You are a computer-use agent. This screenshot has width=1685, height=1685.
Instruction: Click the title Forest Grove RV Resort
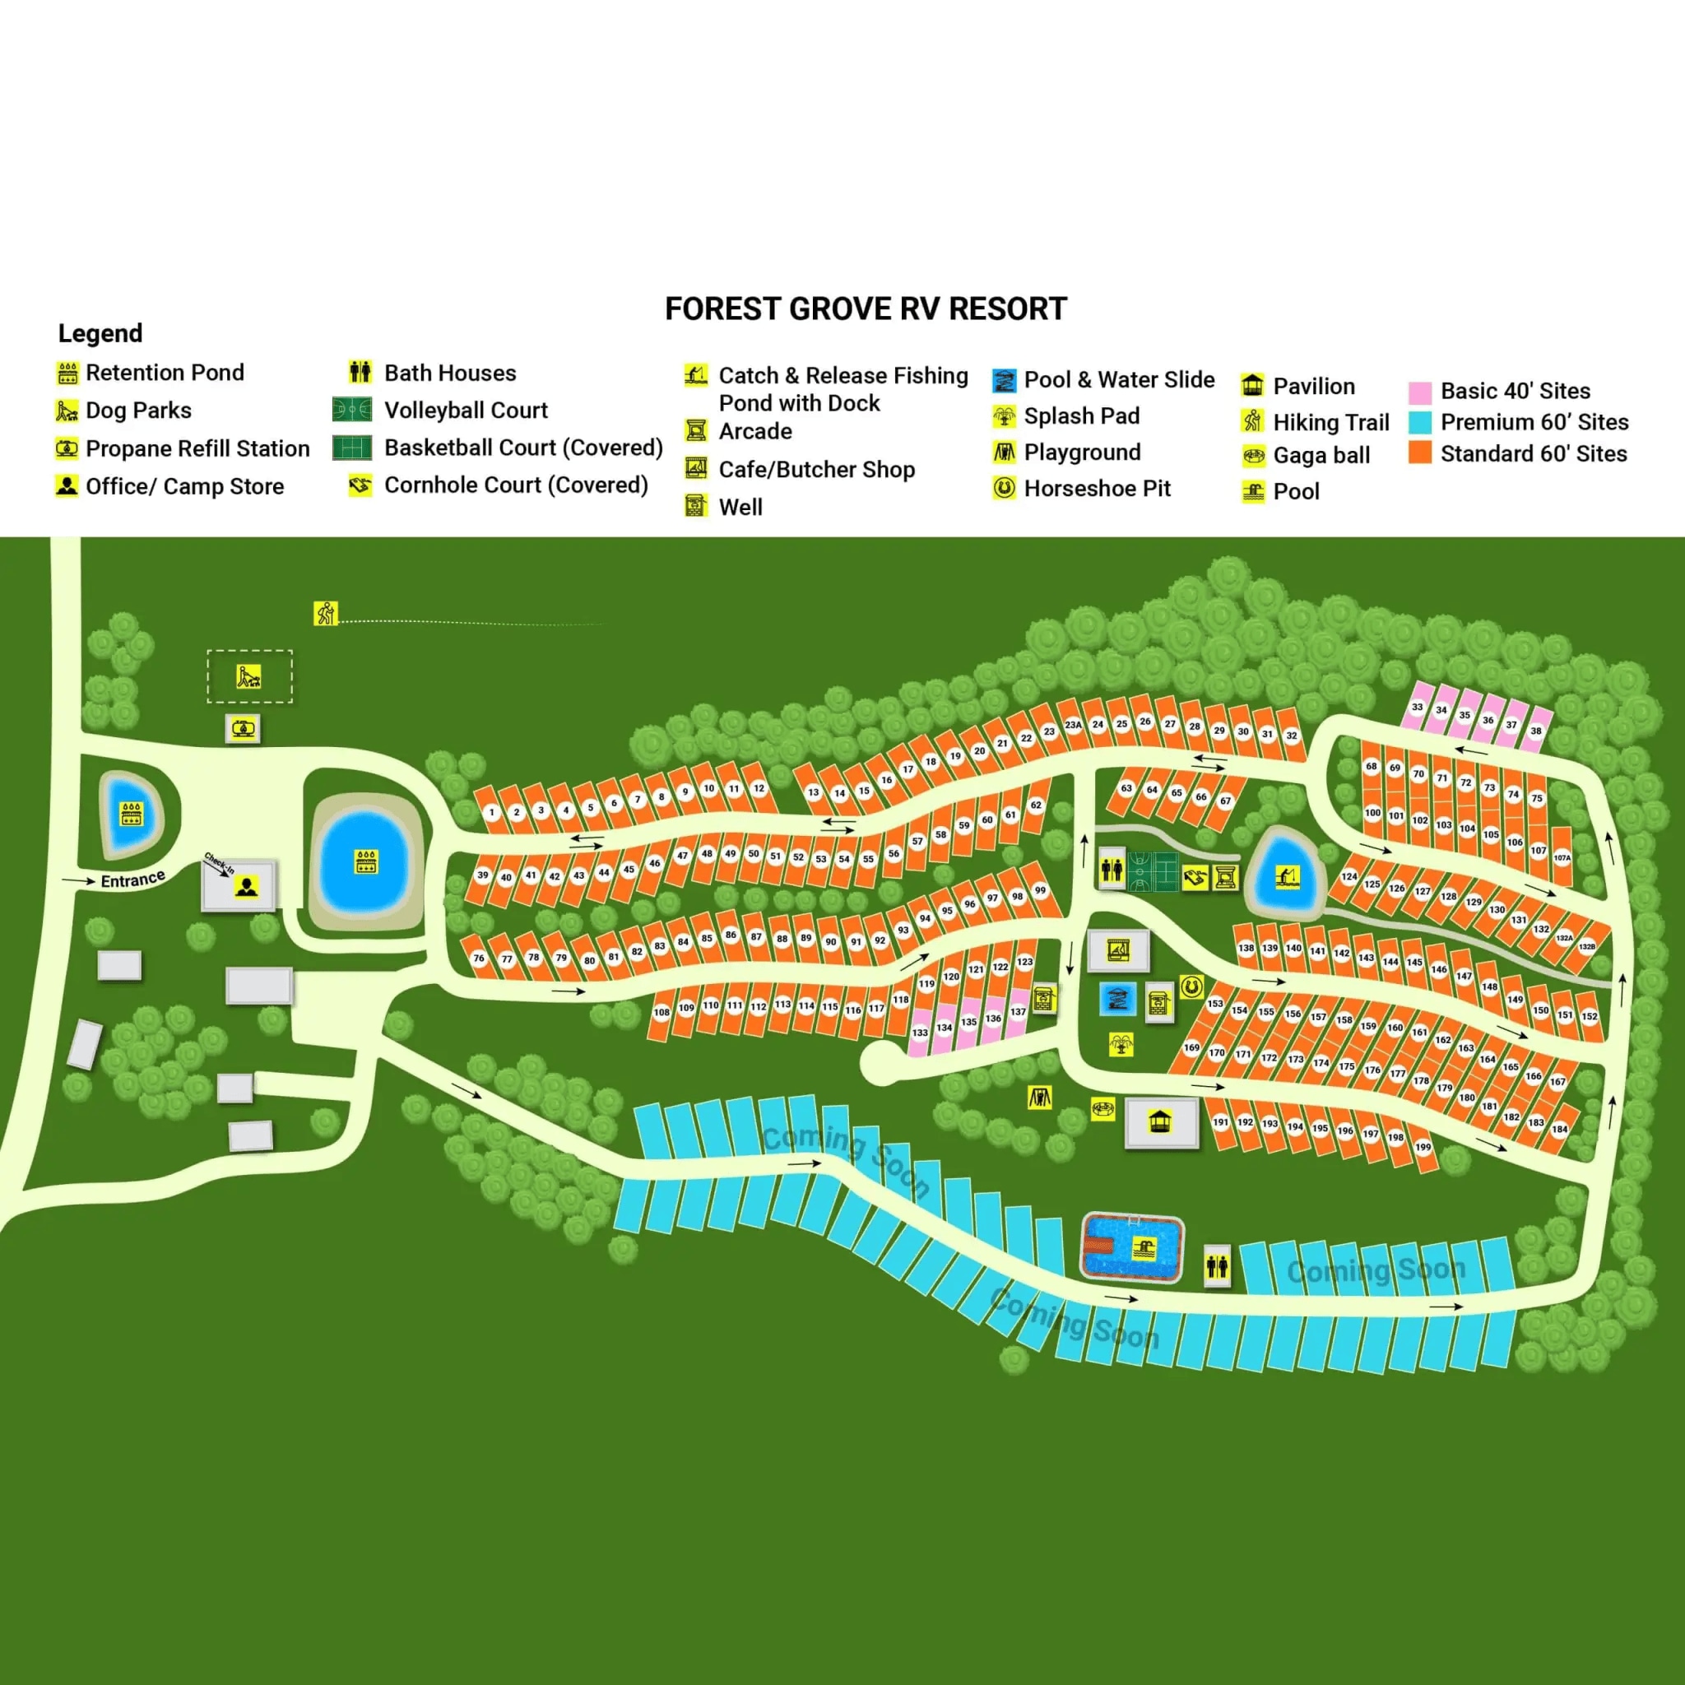pos(866,309)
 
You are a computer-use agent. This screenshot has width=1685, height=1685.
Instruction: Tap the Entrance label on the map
pos(132,880)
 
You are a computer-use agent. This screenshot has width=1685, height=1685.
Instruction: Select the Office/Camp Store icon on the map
pos(247,888)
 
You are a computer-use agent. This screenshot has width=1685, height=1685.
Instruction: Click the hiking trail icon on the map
pos(325,613)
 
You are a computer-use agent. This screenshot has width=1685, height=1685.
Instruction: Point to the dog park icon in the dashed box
pos(248,677)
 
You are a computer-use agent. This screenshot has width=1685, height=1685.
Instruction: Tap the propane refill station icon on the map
pos(243,727)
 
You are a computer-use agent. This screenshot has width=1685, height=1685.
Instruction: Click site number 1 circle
pos(492,813)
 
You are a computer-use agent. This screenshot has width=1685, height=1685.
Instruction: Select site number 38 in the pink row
pos(1536,731)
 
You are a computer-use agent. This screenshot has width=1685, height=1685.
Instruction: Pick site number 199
pos(1423,1147)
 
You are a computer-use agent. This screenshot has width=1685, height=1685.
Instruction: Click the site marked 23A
pos(1073,725)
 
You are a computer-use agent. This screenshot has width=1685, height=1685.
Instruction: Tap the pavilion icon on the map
pos(1159,1121)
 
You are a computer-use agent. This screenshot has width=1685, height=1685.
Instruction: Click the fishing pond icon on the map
pos(1287,875)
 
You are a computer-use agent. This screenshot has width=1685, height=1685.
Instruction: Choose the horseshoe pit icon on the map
pos(1191,986)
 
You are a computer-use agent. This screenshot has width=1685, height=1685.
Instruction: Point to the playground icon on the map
pos(1039,1098)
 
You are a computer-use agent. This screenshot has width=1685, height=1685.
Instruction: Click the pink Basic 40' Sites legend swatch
pos(1420,392)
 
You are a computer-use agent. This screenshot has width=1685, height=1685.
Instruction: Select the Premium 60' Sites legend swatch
pos(1420,423)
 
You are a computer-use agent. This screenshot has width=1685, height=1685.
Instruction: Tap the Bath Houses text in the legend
pos(450,374)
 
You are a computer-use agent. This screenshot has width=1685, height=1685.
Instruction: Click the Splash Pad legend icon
pos(1004,417)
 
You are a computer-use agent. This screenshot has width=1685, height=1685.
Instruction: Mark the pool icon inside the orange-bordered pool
pos(1142,1248)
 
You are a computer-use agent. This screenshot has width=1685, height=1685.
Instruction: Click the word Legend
pos(100,333)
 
